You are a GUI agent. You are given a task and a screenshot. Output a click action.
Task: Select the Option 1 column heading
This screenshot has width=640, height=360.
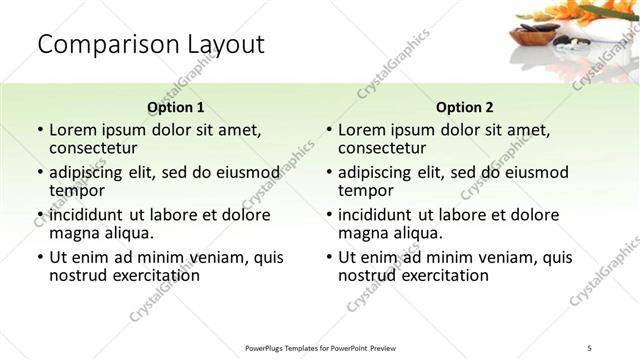(x=175, y=107)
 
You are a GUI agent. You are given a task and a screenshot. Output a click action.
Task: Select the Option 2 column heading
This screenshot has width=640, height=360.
(x=464, y=107)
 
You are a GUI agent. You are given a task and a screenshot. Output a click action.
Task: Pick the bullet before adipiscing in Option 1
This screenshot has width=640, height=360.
(x=39, y=173)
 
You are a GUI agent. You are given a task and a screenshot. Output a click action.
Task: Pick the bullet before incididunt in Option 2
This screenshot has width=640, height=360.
(x=328, y=216)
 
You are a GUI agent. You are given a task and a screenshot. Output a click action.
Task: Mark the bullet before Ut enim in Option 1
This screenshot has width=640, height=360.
(x=39, y=258)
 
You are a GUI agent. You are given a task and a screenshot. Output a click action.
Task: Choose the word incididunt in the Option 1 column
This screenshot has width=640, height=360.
(x=90, y=215)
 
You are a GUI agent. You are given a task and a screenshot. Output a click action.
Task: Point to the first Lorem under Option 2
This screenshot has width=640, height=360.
(x=363, y=130)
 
